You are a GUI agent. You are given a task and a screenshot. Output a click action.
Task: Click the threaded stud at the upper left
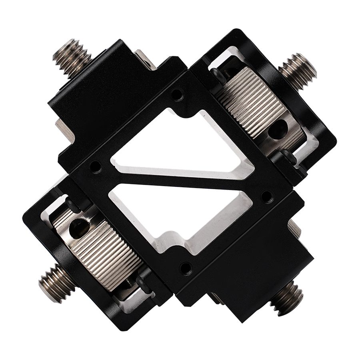click(72, 56)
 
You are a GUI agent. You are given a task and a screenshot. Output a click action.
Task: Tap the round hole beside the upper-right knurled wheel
click(277, 128)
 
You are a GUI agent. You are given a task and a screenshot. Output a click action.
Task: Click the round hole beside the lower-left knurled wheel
click(78, 228)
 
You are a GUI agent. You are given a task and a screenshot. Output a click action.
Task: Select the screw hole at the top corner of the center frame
click(176, 95)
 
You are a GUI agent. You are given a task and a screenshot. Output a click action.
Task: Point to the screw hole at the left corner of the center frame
click(96, 166)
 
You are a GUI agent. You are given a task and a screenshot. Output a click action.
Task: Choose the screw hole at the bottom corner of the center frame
click(186, 268)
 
